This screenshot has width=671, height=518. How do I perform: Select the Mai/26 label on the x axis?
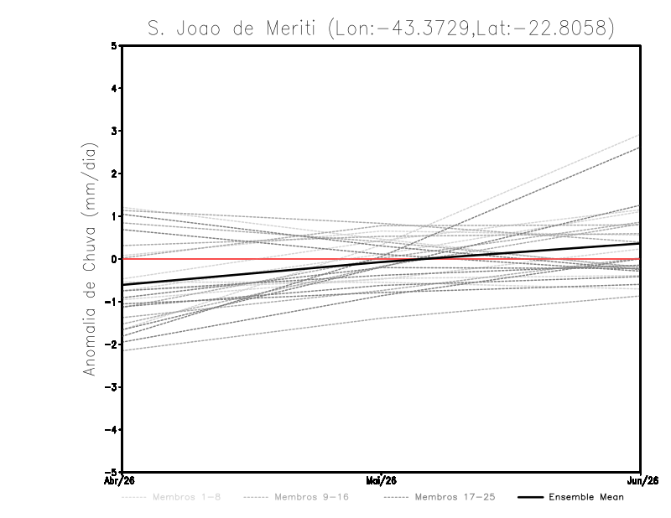point(382,479)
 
